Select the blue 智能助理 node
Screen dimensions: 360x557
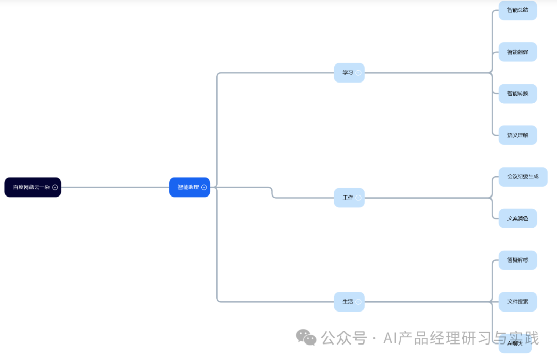pyautogui.click(x=188, y=187)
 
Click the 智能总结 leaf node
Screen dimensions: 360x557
pyautogui.click(x=517, y=10)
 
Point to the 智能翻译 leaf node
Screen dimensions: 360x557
pyautogui.click(x=517, y=52)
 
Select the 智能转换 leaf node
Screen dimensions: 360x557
pyautogui.click(x=517, y=93)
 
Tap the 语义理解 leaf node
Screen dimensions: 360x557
pyautogui.click(x=517, y=135)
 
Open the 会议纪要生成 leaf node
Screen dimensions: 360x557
pyautogui.click(x=522, y=176)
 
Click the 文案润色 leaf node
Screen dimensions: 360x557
pyautogui.click(x=517, y=218)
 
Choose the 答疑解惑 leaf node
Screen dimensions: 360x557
pyautogui.click(x=517, y=260)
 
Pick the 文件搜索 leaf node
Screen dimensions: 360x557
pyautogui.click(x=517, y=301)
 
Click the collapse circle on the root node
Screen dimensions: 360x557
pyautogui.click(x=55, y=187)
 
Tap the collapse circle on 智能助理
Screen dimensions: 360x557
pyautogui.click(x=204, y=187)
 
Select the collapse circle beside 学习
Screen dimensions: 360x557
pyautogui.click(x=358, y=73)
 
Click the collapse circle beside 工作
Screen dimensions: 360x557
pyautogui.click(x=358, y=198)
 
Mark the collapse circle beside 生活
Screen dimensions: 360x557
pyautogui.click(x=358, y=302)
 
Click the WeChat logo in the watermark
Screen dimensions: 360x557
pyautogui.click(x=306, y=337)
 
